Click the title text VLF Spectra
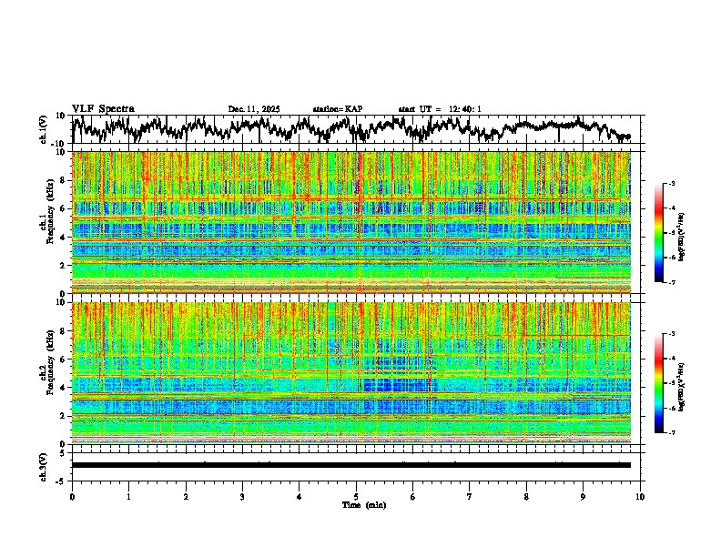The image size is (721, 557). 103,108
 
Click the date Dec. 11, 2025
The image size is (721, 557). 254,109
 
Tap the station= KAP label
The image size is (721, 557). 338,109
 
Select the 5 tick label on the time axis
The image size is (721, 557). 356,496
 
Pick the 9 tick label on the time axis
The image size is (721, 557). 584,496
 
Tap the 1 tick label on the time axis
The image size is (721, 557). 128,496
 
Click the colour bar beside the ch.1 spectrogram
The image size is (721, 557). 668,234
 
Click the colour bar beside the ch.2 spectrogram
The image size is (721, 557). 668,383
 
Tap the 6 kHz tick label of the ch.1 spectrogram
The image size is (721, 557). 65,208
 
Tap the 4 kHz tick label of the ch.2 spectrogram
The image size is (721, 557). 65,387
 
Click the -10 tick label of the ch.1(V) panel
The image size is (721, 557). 60,144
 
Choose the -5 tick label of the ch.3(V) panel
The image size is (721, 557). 62,480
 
